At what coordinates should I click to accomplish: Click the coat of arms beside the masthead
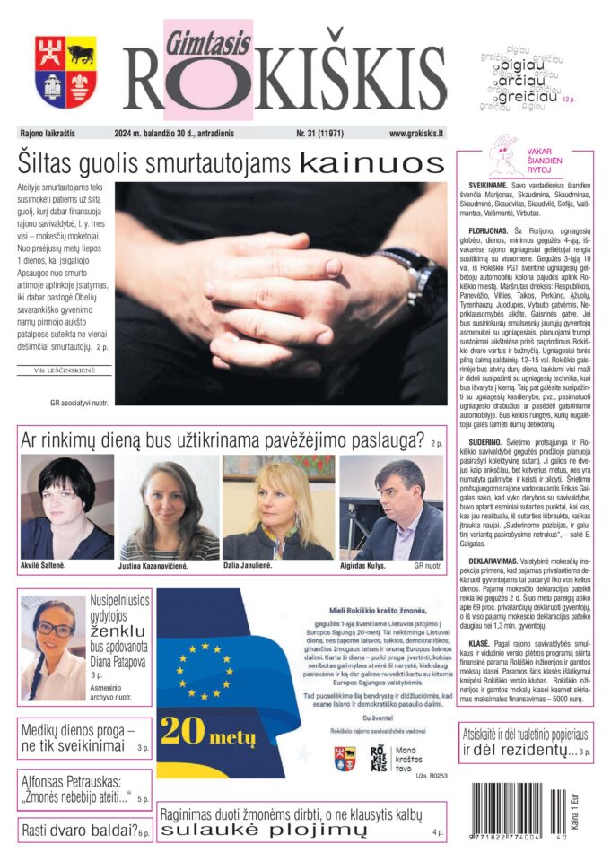click(65, 73)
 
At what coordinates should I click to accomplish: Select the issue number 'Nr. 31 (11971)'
click(327, 134)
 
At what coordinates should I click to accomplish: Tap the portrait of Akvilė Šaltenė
click(66, 507)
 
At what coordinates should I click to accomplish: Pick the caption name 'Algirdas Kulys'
click(371, 567)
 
